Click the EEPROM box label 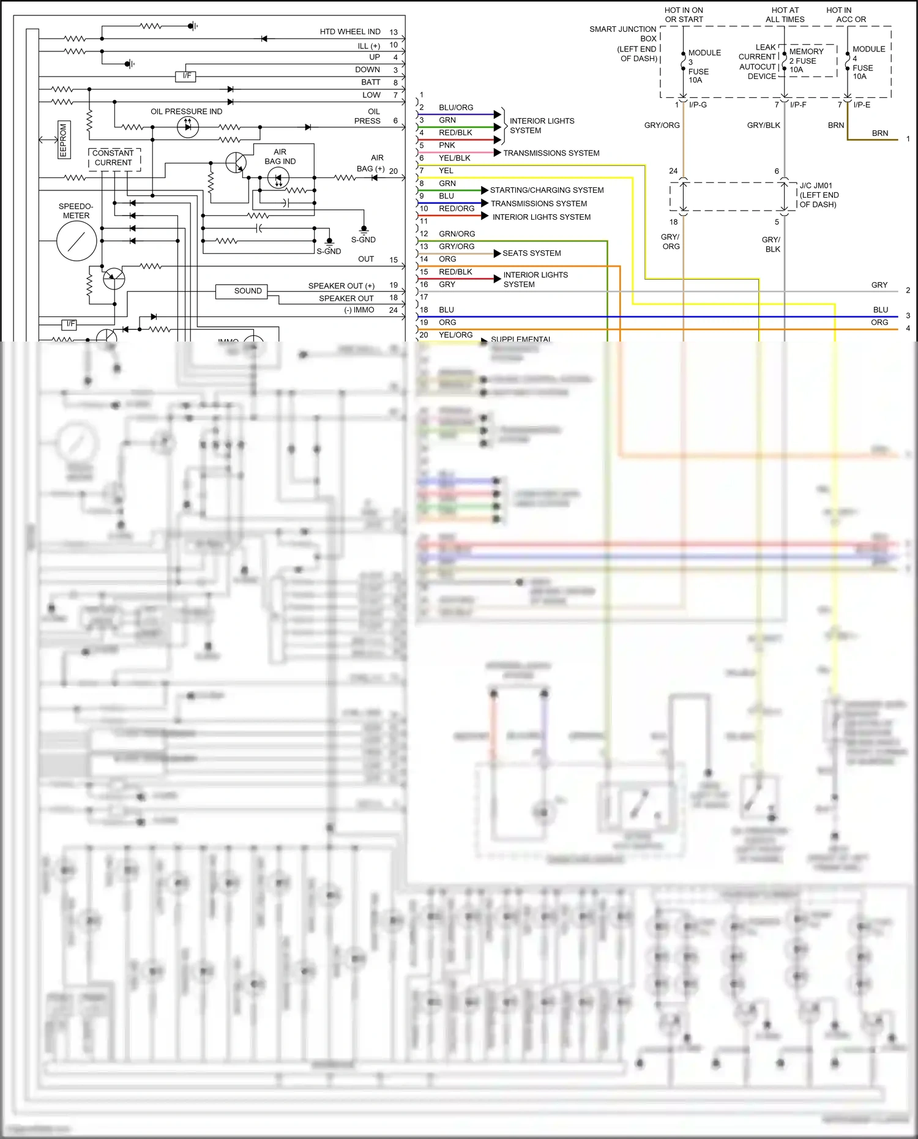pyautogui.click(x=62, y=140)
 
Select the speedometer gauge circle pyautogui.click(x=76, y=241)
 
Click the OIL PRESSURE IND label pyautogui.click(x=187, y=111)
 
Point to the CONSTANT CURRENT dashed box pyautogui.click(x=114, y=158)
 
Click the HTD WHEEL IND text pyautogui.click(x=350, y=32)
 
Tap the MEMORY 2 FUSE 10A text pyautogui.click(x=806, y=61)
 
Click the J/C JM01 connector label pyautogui.click(x=818, y=195)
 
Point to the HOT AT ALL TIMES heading pyautogui.click(x=785, y=15)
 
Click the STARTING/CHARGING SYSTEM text pyautogui.click(x=547, y=190)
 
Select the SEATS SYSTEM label pyautogui.click(x=531, y=253)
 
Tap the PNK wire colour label pyautogui.click(x=447, y=146)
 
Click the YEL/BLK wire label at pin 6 pyautogui.click(x=454, y=158)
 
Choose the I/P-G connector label pyautogui.click(x=698, y=105)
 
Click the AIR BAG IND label pyautogui.click(x=280, y=157)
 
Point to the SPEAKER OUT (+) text pyautogui.click(x=341, y=286)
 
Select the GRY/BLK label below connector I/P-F pyautogui.click(x=763, y=125)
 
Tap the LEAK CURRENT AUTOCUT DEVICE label pyautogui.click(x=758, y=62)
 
